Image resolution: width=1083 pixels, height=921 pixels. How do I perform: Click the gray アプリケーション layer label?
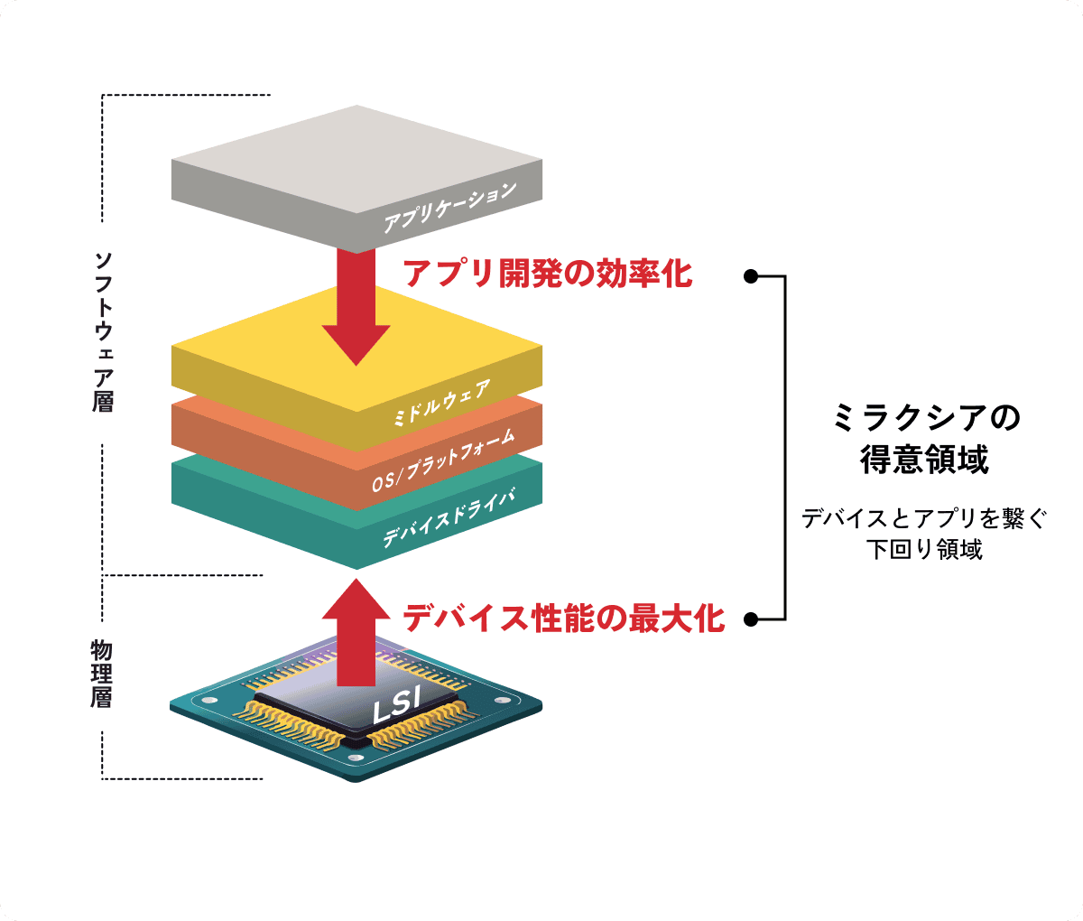(449, 207)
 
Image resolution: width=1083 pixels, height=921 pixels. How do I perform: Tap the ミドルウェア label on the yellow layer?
(441, 404)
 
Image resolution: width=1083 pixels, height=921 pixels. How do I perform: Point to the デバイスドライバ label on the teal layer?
(448, 516)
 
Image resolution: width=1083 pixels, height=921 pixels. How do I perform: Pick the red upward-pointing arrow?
(356, 632)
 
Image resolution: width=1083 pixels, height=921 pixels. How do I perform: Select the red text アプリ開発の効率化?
(547, 273)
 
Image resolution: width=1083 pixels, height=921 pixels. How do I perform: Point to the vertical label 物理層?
(102, 674)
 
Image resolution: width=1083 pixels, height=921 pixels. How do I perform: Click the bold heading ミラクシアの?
(924, 418)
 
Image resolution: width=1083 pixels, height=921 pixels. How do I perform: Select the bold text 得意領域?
(924, 460)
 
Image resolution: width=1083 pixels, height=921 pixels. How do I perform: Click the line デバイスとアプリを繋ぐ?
(924, 518)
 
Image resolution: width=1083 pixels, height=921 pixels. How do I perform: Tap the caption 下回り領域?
(924, 550)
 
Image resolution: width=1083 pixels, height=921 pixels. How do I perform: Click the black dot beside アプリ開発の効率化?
(750, 276)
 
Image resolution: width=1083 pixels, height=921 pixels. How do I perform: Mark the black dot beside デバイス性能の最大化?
(750, 619)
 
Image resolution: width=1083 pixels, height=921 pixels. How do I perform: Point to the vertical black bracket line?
(786, 448)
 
